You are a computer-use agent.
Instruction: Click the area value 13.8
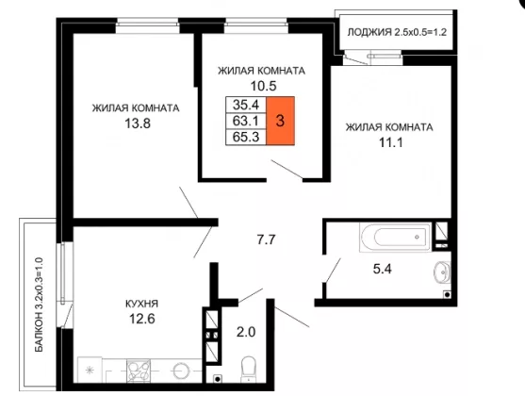138,124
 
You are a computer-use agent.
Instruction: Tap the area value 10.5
264,86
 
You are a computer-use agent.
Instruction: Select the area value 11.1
391,142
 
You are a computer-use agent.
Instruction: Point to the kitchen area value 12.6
142,319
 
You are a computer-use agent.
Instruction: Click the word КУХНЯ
141,304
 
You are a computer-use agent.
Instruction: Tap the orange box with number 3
280,121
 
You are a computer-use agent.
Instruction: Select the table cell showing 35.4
246,105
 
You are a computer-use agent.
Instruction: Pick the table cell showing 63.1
246,121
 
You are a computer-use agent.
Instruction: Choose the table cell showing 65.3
246,137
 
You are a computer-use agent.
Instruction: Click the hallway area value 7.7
266,239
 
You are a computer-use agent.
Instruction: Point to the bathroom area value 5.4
383,269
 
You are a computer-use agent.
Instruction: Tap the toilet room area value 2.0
246,332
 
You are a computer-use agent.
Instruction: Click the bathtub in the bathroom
396,238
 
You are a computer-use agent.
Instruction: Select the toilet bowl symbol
248,370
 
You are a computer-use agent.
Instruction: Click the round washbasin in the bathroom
442,272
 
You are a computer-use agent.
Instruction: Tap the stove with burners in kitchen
139,371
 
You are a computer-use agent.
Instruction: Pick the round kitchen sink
182,371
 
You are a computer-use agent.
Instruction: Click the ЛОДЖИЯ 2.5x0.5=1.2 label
397,32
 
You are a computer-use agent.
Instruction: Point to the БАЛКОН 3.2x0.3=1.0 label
40,305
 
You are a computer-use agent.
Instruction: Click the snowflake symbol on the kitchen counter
90,371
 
